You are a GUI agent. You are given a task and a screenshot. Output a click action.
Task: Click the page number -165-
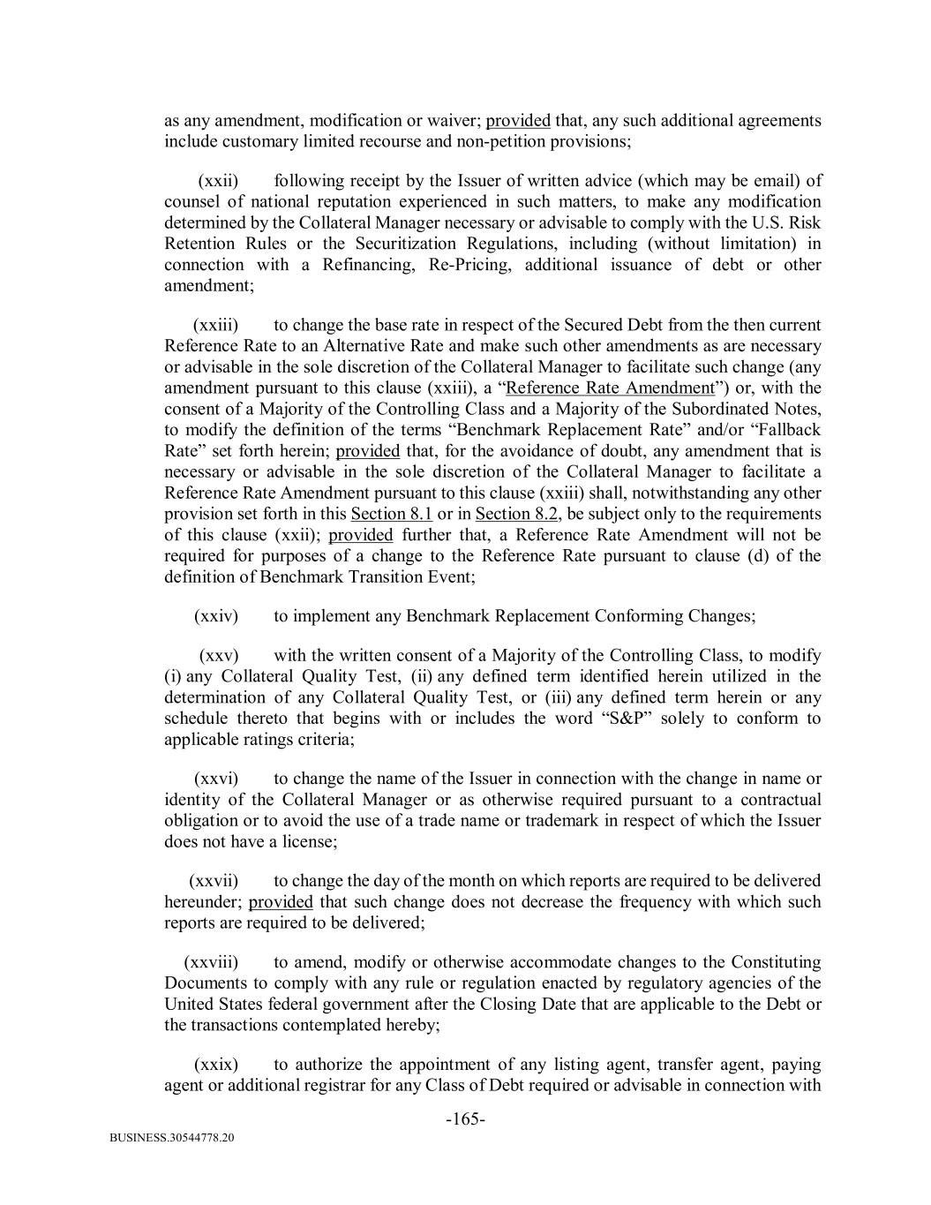[465, 1119]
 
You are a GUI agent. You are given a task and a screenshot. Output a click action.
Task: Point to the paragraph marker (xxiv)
[215, 616]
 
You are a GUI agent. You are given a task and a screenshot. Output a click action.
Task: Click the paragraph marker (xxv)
[218, 655]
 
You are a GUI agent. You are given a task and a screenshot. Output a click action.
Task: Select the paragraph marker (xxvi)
[215, 779]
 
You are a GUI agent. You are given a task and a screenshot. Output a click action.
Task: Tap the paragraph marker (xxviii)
[211, 962]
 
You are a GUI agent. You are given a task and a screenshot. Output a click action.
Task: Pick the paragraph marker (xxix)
[215, 1065]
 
